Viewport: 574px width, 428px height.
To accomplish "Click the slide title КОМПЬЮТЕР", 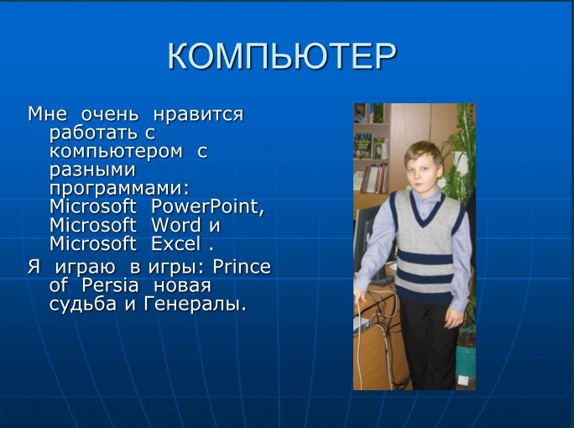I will point(281,56).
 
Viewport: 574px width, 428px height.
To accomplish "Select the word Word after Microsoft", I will point(175,226).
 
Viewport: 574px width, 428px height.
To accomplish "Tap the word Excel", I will point(176,244).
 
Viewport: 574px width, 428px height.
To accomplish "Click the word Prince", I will point(242,267).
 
